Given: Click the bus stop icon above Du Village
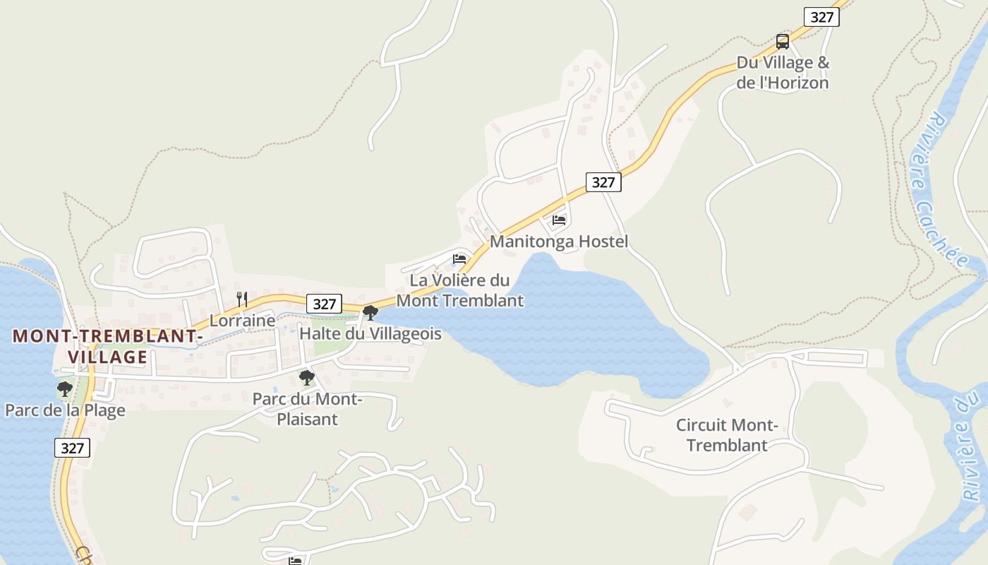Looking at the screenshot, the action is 782,42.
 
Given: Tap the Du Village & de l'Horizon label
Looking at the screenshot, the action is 783,73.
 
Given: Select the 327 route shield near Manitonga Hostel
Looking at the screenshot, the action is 603,182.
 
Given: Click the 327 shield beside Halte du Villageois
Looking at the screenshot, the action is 324,304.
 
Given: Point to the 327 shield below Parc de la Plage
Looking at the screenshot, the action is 72,448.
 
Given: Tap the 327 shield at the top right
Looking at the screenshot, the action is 821,17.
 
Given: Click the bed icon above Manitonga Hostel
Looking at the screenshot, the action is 559,220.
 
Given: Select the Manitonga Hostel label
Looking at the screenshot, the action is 558,242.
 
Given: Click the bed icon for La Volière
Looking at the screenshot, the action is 459,259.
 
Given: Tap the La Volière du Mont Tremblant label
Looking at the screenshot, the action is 459,290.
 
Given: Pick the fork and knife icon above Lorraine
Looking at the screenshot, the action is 242,299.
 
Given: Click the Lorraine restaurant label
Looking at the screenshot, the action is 242,321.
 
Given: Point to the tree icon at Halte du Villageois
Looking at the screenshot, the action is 370,312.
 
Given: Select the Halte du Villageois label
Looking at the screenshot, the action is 370,333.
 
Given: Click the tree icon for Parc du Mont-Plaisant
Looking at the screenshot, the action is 306,378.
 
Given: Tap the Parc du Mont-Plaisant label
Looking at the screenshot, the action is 307,409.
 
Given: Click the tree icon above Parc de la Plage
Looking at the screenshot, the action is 65,389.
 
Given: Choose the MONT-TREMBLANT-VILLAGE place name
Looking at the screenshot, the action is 108,346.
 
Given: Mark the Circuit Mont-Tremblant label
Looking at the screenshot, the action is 727,435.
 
